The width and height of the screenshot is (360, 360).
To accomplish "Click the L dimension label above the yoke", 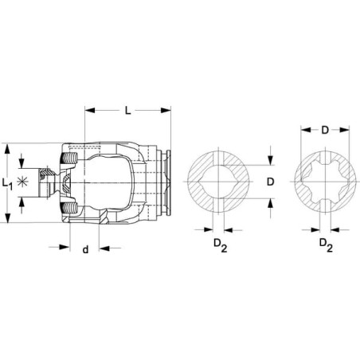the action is click(128, 111).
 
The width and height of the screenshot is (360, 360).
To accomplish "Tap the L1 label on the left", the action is click(7, 184).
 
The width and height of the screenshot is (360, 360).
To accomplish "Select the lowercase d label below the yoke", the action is click(85, 249).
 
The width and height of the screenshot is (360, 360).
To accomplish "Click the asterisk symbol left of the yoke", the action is click(22, 182).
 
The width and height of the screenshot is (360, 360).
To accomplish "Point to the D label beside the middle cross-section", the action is click(270, 182).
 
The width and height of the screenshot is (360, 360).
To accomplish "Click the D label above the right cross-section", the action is click(325, 130).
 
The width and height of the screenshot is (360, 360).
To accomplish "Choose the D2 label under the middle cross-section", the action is click(221, 245).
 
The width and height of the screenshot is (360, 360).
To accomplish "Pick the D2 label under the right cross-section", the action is click(326, 245).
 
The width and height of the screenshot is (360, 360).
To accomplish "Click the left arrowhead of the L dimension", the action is click(90, 110).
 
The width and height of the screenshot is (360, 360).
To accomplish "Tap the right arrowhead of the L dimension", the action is click(166, 110).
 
